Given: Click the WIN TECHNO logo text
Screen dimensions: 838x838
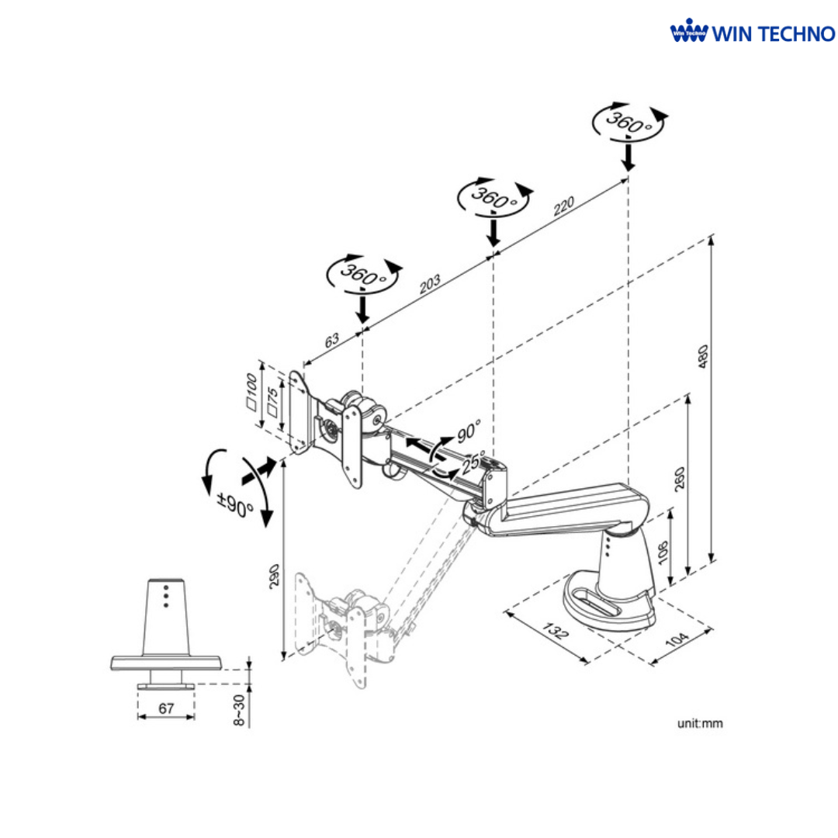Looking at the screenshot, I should [774, 34].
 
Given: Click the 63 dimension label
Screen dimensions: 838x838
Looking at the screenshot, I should [331, 340].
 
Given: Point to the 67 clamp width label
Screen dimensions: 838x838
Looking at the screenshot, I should [165, 708].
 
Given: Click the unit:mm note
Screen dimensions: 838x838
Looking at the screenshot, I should [700, 723].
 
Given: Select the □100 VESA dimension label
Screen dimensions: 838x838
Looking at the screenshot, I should [252, 392].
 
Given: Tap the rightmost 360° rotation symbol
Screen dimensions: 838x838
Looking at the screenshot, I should [628, 121].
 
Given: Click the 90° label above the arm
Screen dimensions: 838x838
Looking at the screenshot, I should [469, 430].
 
